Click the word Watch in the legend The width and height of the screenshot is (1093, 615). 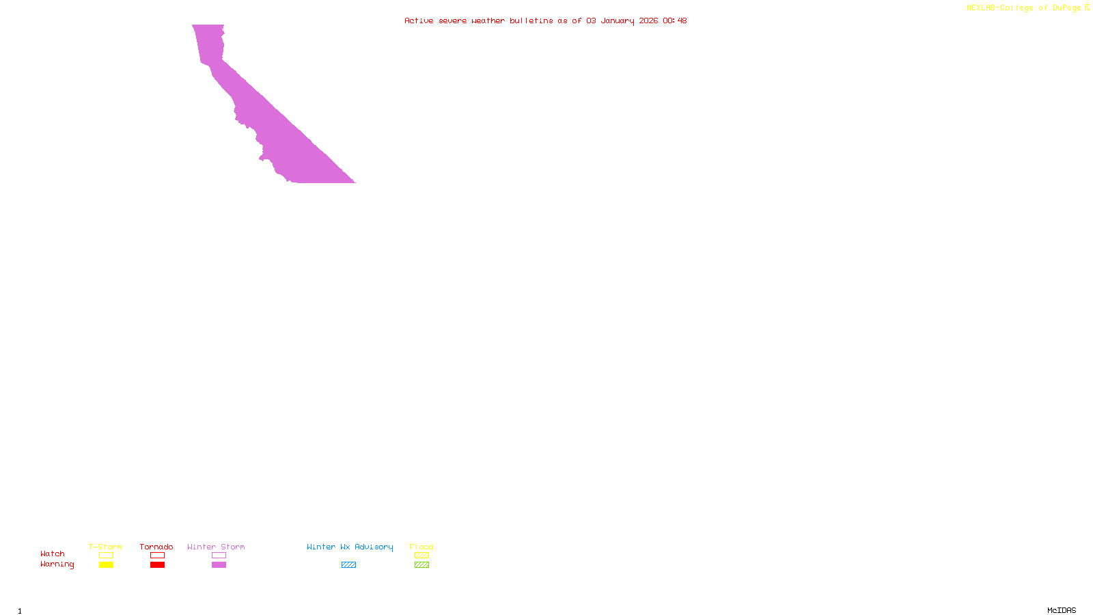[53, 553]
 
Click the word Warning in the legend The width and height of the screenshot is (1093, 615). [57, 564]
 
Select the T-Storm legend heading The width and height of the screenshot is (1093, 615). [105, 547]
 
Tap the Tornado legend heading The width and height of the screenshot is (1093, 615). [156, 547]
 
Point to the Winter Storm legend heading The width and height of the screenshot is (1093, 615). [216, 547]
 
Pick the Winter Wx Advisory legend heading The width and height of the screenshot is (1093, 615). [350, 547]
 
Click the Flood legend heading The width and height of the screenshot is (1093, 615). [421, 547]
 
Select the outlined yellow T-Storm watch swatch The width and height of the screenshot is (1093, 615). [106, 556]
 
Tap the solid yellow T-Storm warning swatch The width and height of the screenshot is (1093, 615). [106, 565]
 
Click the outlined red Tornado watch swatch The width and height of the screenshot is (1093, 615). [157, 556]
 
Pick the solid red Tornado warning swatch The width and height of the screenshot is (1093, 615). [157, 565]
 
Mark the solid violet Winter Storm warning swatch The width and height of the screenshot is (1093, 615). [219, 565]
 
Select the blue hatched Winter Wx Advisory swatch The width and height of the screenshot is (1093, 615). [348, 565]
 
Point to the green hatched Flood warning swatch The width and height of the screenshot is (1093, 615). [421, 565]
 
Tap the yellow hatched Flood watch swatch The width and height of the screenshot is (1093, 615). [421, 556]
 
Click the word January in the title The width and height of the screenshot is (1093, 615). [618, 20]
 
